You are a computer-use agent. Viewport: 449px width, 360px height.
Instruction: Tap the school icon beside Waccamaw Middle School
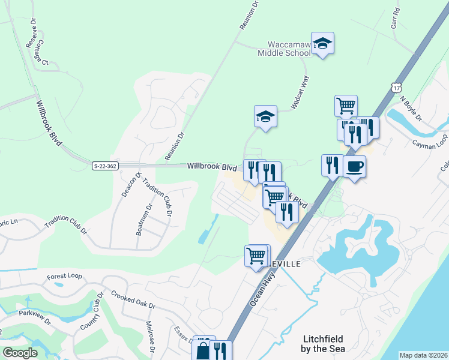point(322,43)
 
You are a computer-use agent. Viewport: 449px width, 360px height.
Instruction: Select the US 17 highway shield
point(396,87)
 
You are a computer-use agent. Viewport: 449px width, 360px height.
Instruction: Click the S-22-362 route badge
point(104,166)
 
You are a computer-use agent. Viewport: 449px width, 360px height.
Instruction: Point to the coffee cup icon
point(354,166)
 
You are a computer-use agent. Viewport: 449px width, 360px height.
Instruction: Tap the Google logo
point(20,352)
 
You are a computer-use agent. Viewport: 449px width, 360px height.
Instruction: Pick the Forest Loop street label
point(64,277)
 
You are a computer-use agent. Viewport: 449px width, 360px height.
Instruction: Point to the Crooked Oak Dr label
point(133,299)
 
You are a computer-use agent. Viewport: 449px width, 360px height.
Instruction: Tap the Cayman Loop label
point(430,143)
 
